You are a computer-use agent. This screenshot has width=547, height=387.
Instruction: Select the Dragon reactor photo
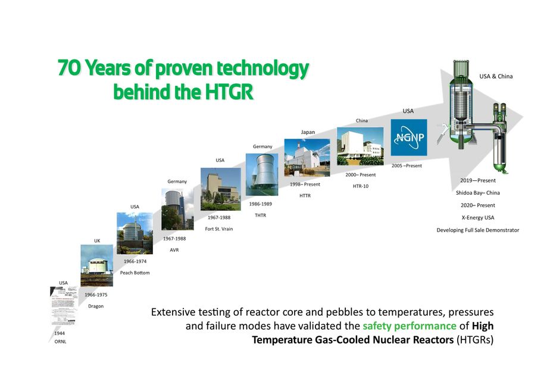tap(96, 266)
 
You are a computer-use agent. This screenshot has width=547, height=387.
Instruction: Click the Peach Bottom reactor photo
tap(135, 233)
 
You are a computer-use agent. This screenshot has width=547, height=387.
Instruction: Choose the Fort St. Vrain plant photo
tap(220, 189)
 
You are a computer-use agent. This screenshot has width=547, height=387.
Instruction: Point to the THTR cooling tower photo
tap(261, 174)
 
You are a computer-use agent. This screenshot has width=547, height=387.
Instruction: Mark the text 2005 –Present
tap(407, 166)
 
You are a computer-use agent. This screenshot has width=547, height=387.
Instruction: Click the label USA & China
tap(496, 76)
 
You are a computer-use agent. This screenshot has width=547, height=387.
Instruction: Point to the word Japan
tap(308, 132)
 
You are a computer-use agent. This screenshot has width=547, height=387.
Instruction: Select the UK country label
tap(97, 241)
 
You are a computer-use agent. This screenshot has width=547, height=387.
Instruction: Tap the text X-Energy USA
tap(477, 217)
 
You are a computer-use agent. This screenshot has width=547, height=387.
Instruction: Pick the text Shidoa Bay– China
tap(477, 192)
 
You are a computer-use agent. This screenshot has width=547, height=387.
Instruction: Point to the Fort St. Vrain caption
tap(219, 229)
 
